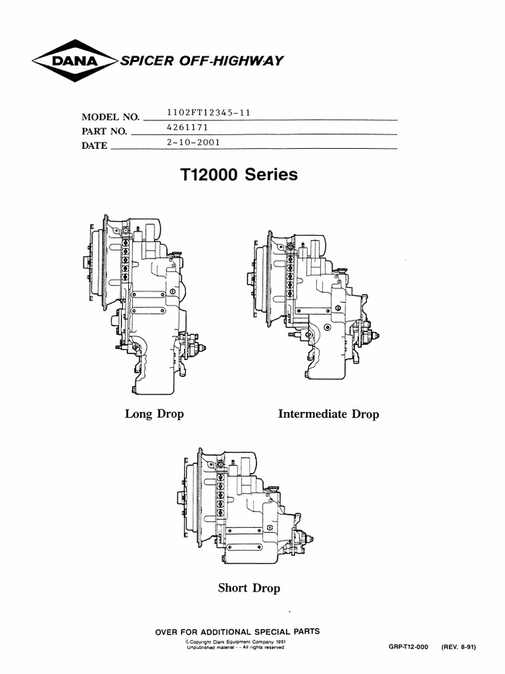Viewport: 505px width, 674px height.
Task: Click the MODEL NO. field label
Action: pyautogui.click(x=111, y=117)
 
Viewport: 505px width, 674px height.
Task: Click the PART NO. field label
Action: pyautogui.click(x=104, y=132)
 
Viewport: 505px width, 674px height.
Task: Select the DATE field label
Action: pyautogui.click(x=95, y=146)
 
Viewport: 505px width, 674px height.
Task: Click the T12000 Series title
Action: pyautogui.click(x=238, y=175)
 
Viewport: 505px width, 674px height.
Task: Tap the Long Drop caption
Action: pyautogui.click(x=155, y=414)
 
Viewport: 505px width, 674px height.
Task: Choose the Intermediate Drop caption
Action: pyautogui.click(x=329, y=415)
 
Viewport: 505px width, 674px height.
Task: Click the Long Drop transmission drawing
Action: pyautogui.click(x=148, y=306)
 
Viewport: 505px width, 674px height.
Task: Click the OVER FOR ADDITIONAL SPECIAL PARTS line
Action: pyautogui.click(x=237, y=631)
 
